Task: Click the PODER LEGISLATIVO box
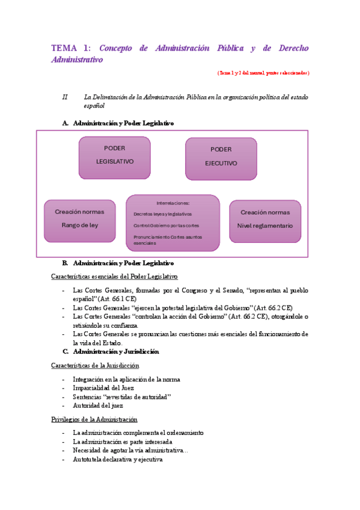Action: point(115,154)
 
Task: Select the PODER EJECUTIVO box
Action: point(221,156)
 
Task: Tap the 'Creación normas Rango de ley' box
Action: point(79,220)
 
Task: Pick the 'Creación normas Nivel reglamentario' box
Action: point(265,220)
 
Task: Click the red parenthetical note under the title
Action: point(263,73)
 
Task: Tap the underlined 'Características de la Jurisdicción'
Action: point(95,366)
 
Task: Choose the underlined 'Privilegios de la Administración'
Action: point(94,419)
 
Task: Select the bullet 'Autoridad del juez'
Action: point(98,405)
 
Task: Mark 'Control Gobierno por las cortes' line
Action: point(166,226)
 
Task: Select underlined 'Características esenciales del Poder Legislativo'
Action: point(114,277)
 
